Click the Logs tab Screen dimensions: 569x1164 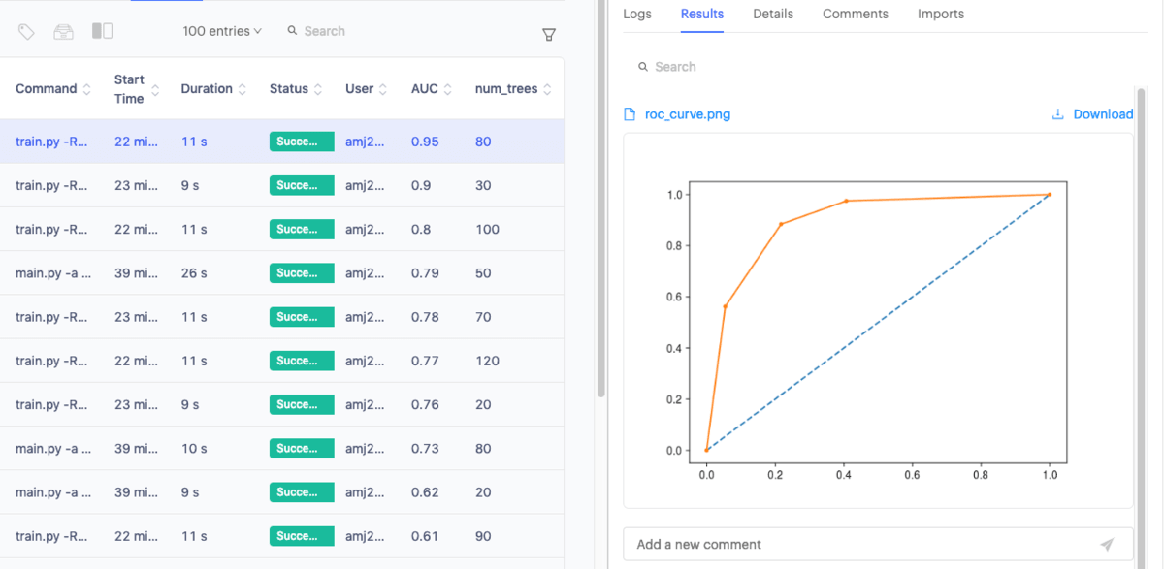pyautogui.click(x=637, y=14)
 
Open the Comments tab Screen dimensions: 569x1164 pyautogui.click(x=855, y=14)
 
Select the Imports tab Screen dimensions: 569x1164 pyautogui.click(x=940, y=14)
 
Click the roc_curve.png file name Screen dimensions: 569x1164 pyautogui.click(x=687, y=114)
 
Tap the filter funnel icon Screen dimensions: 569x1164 pyautogui.click(x=548, y=35)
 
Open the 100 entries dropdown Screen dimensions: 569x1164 pyautogui.click(x=222, y=31)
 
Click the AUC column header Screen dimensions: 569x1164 pyautogui.click(x=425, y=88)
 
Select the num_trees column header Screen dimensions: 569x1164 pyautogui.click(x=506, y=88)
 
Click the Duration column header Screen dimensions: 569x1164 pyautogui.click(x=207, y=88)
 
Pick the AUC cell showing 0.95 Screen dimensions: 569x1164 pyautogui.click(x=425, y=142)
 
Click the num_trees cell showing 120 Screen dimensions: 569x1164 pyautogui.click(x=487, y=361)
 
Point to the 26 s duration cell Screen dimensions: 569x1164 pyautogui.click(x=194, y=273)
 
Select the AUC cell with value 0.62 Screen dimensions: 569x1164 pyautogui.click(x=425, y=492)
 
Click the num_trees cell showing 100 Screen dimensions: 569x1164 pyautogui.click(x=487, y=230)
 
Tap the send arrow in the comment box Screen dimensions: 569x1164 pyautogui.click(x=1107, y=544)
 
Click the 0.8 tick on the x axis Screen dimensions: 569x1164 pyautogui.click(x=981, y=475)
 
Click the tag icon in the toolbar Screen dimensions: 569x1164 pyautogui.click(x=26, y=31)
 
